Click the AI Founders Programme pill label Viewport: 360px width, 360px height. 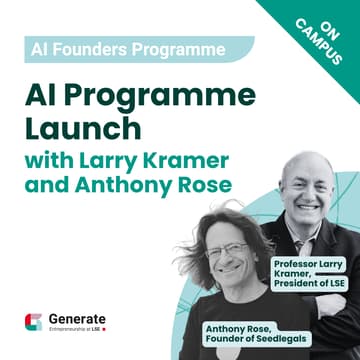[110, 47]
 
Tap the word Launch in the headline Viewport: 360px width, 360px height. [79, 127]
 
